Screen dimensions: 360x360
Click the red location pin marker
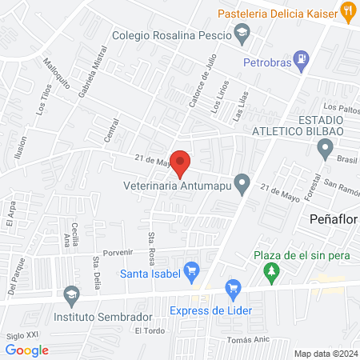pos(181,162)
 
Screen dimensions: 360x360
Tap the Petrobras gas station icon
pos(300,58)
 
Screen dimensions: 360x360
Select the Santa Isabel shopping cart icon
pos(191,271)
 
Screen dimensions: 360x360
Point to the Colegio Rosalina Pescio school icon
pos(241,32)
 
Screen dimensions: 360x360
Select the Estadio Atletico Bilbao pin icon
pos(325,147)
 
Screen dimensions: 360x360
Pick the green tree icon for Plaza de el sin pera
pos(273,271)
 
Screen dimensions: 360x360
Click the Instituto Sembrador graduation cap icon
pos(71,295)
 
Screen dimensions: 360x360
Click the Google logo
pos(27,350)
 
